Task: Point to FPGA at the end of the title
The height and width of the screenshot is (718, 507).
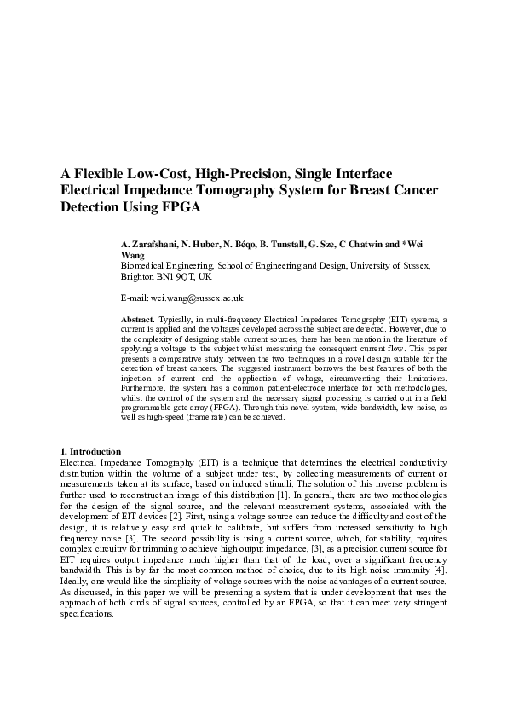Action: click(x=181, y=207)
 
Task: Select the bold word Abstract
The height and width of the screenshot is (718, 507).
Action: click(x=138, y=317)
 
